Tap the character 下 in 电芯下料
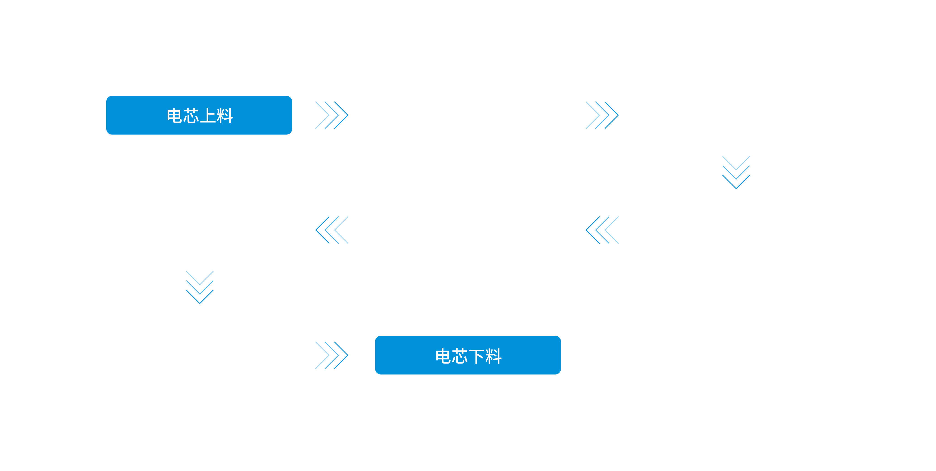click(477, 356)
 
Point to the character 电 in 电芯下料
click(443, 356)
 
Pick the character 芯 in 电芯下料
click(460, 356)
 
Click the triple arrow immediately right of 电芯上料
click(331, 115)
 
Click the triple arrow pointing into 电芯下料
click(331, 355)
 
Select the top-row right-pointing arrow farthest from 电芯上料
click(602, 115)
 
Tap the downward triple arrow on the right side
click(736, 172)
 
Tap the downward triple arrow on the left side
click(200, 287)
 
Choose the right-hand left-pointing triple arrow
click(602, 230)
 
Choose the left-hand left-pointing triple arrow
click(331, 230)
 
